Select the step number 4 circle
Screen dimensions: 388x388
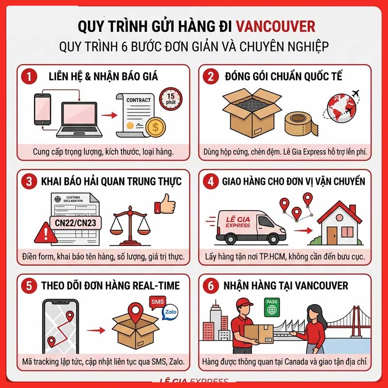pos(211,181)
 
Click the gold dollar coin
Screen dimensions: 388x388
pos(156,127)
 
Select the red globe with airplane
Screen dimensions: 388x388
pos(342,108)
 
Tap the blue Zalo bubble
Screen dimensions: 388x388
pos(170,312)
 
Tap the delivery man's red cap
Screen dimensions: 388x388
pos(244,303)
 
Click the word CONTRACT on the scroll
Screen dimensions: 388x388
pos(138,100)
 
